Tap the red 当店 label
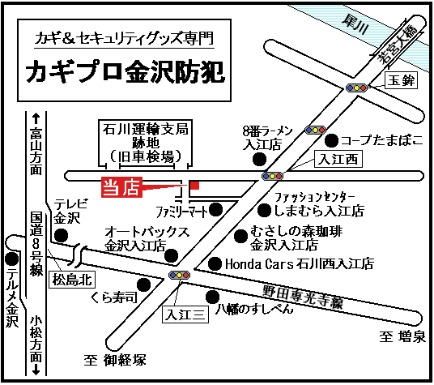click(121, 187)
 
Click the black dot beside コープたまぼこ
click(331, 139)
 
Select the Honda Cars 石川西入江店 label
click(299, 263)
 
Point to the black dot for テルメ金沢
click(11, 259)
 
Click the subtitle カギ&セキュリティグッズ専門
click(126, 36)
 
